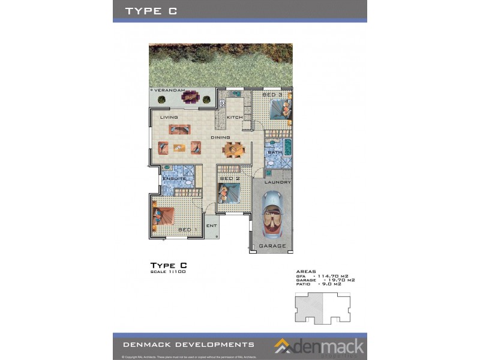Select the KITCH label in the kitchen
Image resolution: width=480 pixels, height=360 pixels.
pyautogui.click(x=235, y=117)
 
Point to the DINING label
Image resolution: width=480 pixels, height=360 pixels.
pyautogui.click(x=220, y=137)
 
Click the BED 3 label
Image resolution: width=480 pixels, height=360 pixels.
pyautogui.click(x=272, y=95)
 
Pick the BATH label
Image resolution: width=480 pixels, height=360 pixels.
pyautogui.click(x=275, y=152)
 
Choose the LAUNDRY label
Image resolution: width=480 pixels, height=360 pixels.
pyautogui.click(x=278, y=182)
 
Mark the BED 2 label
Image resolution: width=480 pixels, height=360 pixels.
pyautogui.click(x=230, y=178)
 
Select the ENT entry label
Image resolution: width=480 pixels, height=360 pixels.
pyautogui.click(x=211, y=226)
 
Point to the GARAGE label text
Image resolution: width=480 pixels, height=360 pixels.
pyautogui.click(x=272, y=245)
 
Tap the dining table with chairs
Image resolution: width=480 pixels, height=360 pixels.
pyautogui.click(x=235, y=149)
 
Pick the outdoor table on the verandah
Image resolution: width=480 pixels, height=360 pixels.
pyautogui.click(x=191, y=96)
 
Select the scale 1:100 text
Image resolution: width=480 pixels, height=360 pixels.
pyautogui.click(x=167, y=272)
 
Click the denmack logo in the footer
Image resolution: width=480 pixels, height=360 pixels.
pyautogui.click(x=320, y=346)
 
